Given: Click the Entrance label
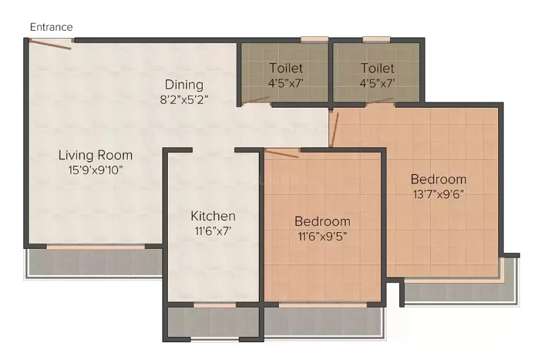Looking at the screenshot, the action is click(x=51, y=27).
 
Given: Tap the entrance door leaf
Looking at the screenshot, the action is click(x=50, y=44).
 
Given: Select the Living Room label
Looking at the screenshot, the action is click(x=96, y=155).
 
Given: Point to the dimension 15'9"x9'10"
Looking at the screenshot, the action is click(x=96, y=170).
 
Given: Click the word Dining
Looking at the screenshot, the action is click(x=185, y=85).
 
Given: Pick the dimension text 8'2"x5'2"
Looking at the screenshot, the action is click(x=185, y=100).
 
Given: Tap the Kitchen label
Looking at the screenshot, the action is click(x=213, y=216).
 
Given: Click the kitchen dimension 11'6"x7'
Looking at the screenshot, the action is click(x=213, y=232).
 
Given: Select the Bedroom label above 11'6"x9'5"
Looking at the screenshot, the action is click(x=322, y=221).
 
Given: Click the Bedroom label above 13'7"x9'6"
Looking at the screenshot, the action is click(x=439, y=179).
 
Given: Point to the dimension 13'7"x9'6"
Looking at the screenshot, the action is click(x=439, y=194).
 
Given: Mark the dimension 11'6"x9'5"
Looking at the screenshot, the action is click(x=322, y=236).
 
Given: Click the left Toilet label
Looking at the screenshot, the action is click(x=286, y=68).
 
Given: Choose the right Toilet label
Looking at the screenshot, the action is click(x=377, y=68).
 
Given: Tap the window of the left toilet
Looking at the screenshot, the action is click(x=314, y=39).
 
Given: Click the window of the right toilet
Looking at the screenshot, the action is click(x=377, y=39).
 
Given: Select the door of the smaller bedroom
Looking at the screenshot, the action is click(x=282, y=154).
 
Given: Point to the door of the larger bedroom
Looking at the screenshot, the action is click(x=334, y=130).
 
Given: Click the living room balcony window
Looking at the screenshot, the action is click(x=96, y=247).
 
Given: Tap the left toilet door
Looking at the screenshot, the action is click(x=256, y=100).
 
